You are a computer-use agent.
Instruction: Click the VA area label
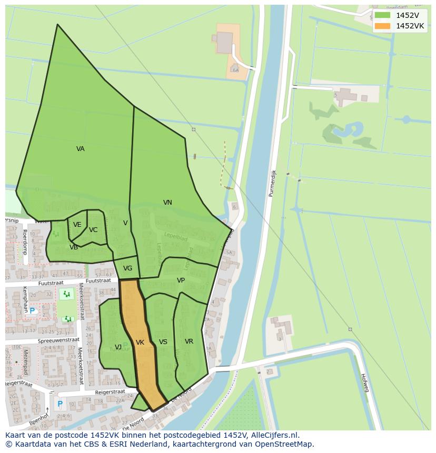point(80,149)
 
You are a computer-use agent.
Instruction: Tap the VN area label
point(167,203)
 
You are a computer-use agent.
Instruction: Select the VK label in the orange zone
point(140,343)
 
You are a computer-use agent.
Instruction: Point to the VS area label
point(163,342)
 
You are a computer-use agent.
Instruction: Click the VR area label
point(189,341)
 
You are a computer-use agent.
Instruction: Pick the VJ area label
point(118,347)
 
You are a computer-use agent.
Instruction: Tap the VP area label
point(181,280)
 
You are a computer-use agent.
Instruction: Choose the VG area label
point(127,268)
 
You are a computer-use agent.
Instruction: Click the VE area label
point(77,225)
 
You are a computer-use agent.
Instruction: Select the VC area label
point(93,230)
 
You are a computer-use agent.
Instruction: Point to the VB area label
point(74,247)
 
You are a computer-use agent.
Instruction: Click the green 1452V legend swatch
point(382,15)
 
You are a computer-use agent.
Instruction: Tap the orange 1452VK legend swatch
point(382,26)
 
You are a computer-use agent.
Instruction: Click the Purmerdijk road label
point(272,183)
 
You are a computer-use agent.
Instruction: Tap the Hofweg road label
point(364,382)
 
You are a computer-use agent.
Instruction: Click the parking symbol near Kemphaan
point(32,311)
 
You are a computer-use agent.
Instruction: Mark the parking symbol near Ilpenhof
point(60,404)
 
